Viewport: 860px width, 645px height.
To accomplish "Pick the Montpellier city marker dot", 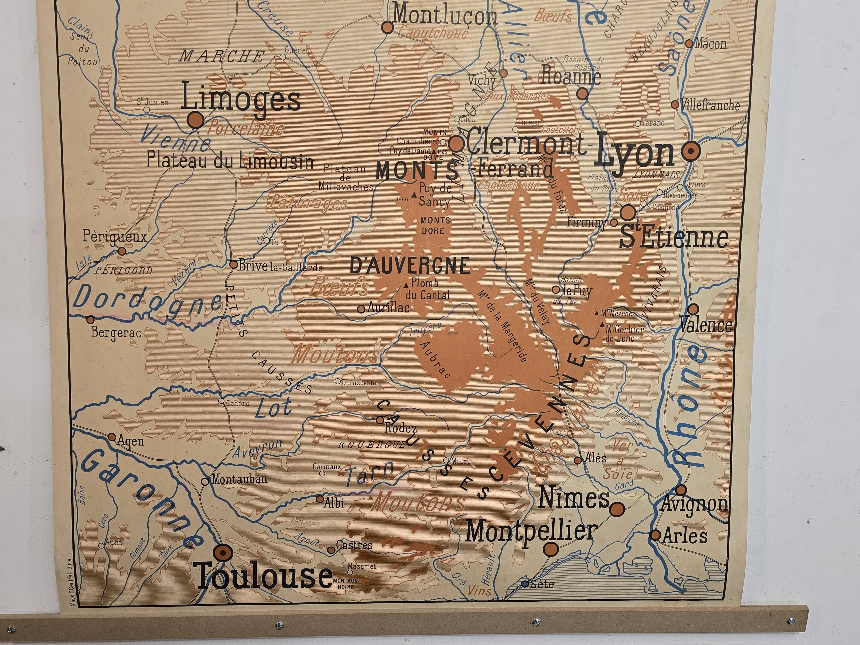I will [x=551, y=549].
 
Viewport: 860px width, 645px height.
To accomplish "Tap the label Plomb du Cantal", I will [x=427, y=289].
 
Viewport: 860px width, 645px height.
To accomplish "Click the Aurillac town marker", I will [x=361, y=309].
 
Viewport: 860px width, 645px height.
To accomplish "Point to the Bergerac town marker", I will [x=90, y=319].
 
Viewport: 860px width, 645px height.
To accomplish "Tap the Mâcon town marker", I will [x=689, y=44].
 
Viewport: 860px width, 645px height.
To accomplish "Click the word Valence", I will [x=705, y=326].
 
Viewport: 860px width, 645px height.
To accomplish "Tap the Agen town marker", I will [x=112, y=437].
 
